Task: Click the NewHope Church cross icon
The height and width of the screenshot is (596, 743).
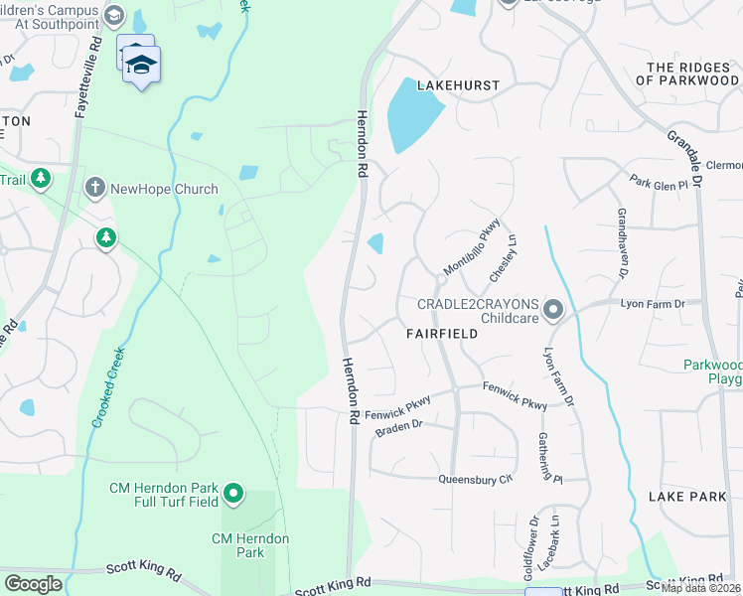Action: pyautogui.click(x=94, y=188)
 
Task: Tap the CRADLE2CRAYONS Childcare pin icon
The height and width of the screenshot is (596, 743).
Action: pyautogui.click(x=554, y=311)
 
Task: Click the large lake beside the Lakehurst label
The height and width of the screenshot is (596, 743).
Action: pyautogui.click(x=413, y=114)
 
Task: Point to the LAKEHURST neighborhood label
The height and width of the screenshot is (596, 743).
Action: pyautogui.click(x=458, y=86)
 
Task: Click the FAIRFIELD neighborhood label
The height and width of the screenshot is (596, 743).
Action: pyautogui.click(x=442, y=335)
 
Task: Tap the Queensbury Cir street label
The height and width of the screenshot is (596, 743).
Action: pyautogui.click(x=476, y=480)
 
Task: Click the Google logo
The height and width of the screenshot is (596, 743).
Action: pyautogui.click(x=32, y=583)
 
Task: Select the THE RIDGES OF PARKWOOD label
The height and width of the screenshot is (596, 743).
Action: pyautogui.click(x=694, y=74)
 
